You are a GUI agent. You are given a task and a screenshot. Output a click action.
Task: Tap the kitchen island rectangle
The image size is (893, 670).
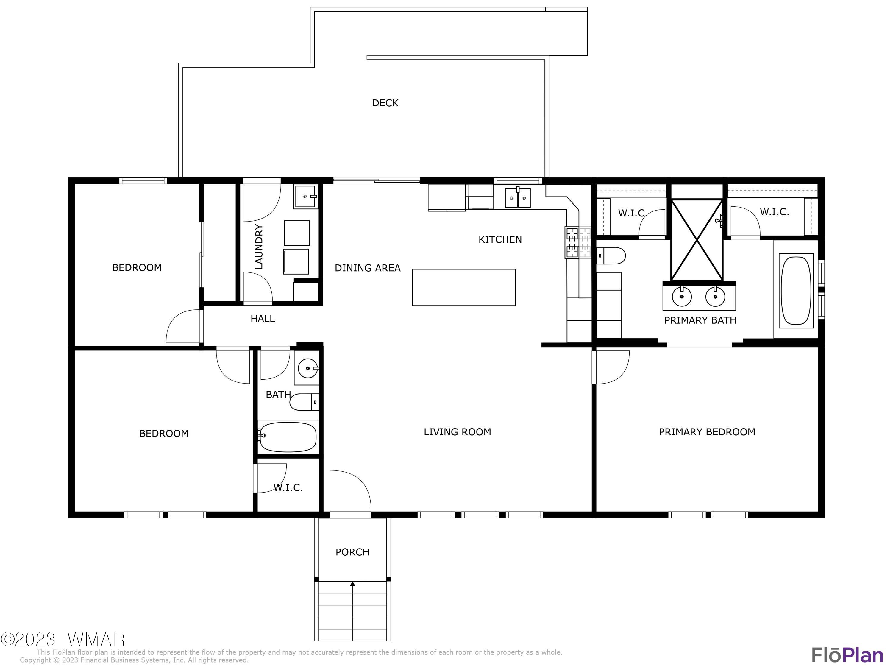[463, 287]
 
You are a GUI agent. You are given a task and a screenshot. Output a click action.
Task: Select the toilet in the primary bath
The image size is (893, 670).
[611, 255]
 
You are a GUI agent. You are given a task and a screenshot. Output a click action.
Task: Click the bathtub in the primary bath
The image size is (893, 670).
[796, 290]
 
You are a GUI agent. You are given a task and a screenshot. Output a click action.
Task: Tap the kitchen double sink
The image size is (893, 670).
[518, 198]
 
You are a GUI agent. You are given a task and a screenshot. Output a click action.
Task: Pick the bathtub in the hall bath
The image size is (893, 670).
[288, 437]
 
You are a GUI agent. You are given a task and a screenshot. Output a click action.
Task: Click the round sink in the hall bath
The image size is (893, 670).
[307, 368]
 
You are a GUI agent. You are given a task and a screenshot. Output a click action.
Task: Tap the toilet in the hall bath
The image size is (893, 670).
[303, 402]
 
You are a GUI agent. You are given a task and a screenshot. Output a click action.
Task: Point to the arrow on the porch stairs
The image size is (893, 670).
[352, 584]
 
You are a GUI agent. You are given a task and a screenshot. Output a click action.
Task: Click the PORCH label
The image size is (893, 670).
[352, 552]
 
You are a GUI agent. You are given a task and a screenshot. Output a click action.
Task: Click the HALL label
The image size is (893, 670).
[263, 319]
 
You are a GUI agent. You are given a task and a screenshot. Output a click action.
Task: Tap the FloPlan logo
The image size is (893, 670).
[847, 655]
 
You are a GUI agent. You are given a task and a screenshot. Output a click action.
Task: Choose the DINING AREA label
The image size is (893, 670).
[367, 268]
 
